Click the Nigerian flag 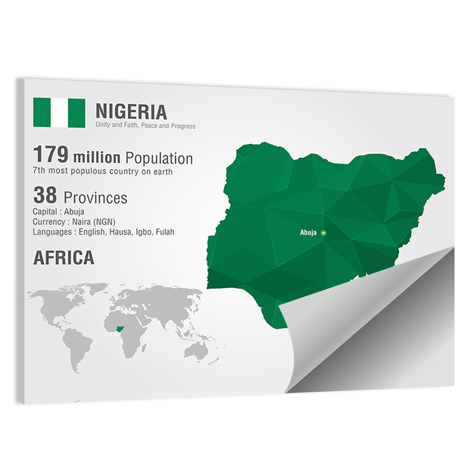tap(59, 113)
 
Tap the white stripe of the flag tap(59, 113)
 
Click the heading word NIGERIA tap(131, 112)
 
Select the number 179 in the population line tap(51, 155)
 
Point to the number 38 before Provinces tap(45, 195)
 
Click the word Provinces tap(95, 198)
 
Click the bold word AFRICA tap(63, 258)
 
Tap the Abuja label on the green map tap(309, 233)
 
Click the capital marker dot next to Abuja tap(323, 233)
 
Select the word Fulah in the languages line tap(164, 232)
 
